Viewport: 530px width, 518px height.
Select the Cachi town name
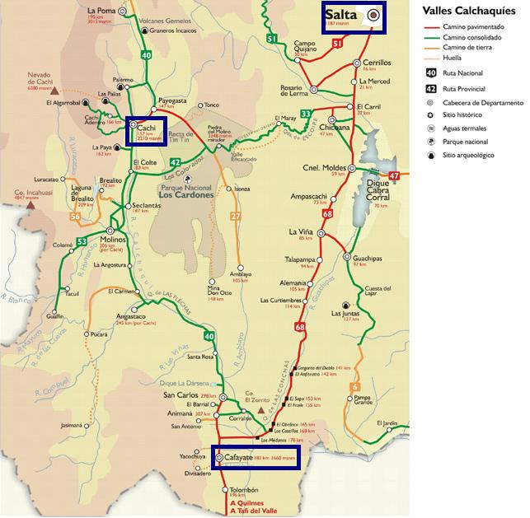[148, 128]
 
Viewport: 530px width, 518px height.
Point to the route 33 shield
[306, 114]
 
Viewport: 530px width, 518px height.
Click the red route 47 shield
[394, 175]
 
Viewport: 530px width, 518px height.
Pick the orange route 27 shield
[235, 217]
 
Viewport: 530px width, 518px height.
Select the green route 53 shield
[82, 241]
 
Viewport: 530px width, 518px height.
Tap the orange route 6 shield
[355, 387]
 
